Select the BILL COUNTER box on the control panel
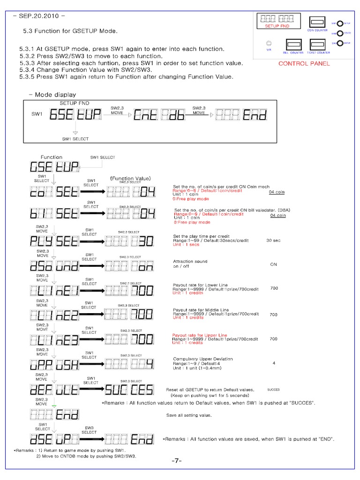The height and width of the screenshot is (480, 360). (x=293, y=45)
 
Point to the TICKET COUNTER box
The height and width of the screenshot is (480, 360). (x=318, y=45)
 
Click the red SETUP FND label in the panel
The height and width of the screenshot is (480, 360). (x=277, y=26)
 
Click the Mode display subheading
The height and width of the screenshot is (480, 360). (x=55, y=95)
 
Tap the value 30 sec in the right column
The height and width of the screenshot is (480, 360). (x=273, y=240)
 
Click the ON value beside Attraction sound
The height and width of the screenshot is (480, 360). (x=274, y=264)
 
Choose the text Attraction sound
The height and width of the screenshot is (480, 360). (x=190, y=262)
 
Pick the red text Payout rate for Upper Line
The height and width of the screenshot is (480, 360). (x=200, y=336)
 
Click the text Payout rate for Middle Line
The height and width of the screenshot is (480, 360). (x=201, y=310)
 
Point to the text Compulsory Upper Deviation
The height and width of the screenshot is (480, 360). (x=203, y=359)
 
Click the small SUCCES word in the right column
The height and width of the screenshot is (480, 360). (x=274, y=390)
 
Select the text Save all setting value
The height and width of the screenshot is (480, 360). (x=189, y=415)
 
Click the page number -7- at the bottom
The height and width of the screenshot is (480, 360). (x=176, y=461)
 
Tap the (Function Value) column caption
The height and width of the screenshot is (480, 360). (x=130, y=179)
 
